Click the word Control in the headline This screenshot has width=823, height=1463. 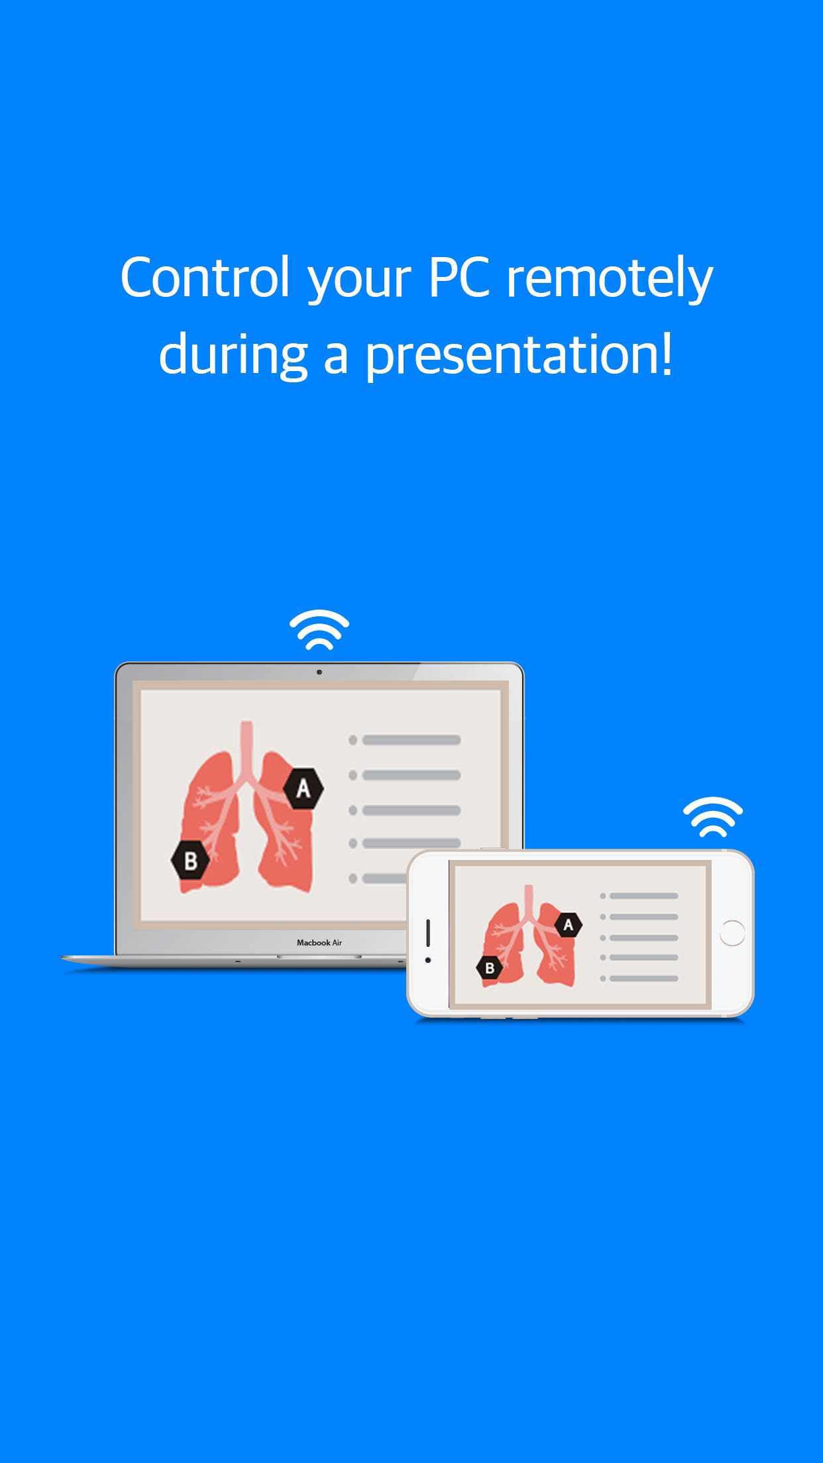click(205, 277)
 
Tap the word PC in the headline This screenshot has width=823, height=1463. click(460, 277)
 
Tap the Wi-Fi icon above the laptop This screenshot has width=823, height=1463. click(319, 629)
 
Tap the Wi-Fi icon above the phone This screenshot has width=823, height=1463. click(713, 816)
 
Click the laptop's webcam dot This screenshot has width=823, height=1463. click(319, 672)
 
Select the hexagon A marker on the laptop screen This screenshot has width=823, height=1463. click(303, 788)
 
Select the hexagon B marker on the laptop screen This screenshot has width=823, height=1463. click(191, 861)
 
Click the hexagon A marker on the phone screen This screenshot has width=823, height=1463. click(568, 925)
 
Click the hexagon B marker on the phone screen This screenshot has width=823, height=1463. click(490, 968)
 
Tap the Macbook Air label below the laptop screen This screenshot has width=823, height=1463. click(319, 942)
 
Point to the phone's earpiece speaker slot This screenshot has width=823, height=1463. click(428, 932)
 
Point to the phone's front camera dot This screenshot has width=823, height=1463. click(428, 960)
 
